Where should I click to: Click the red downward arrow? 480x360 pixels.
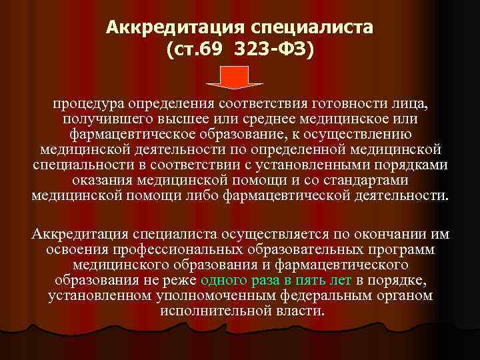tap(241, 77)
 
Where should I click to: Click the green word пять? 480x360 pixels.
tap(300, 281)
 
